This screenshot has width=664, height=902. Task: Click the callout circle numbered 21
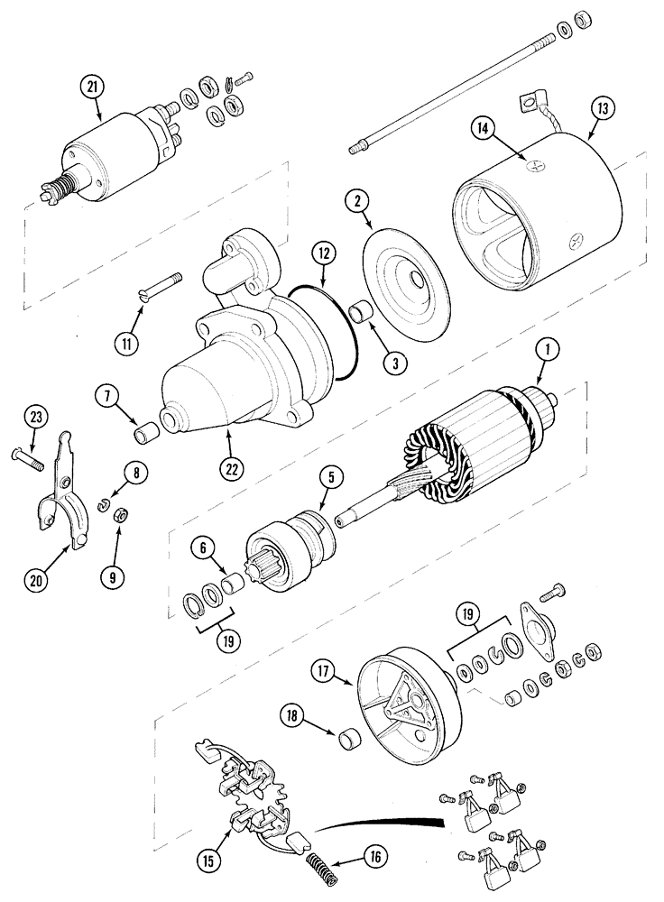click(x=92, y=87)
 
